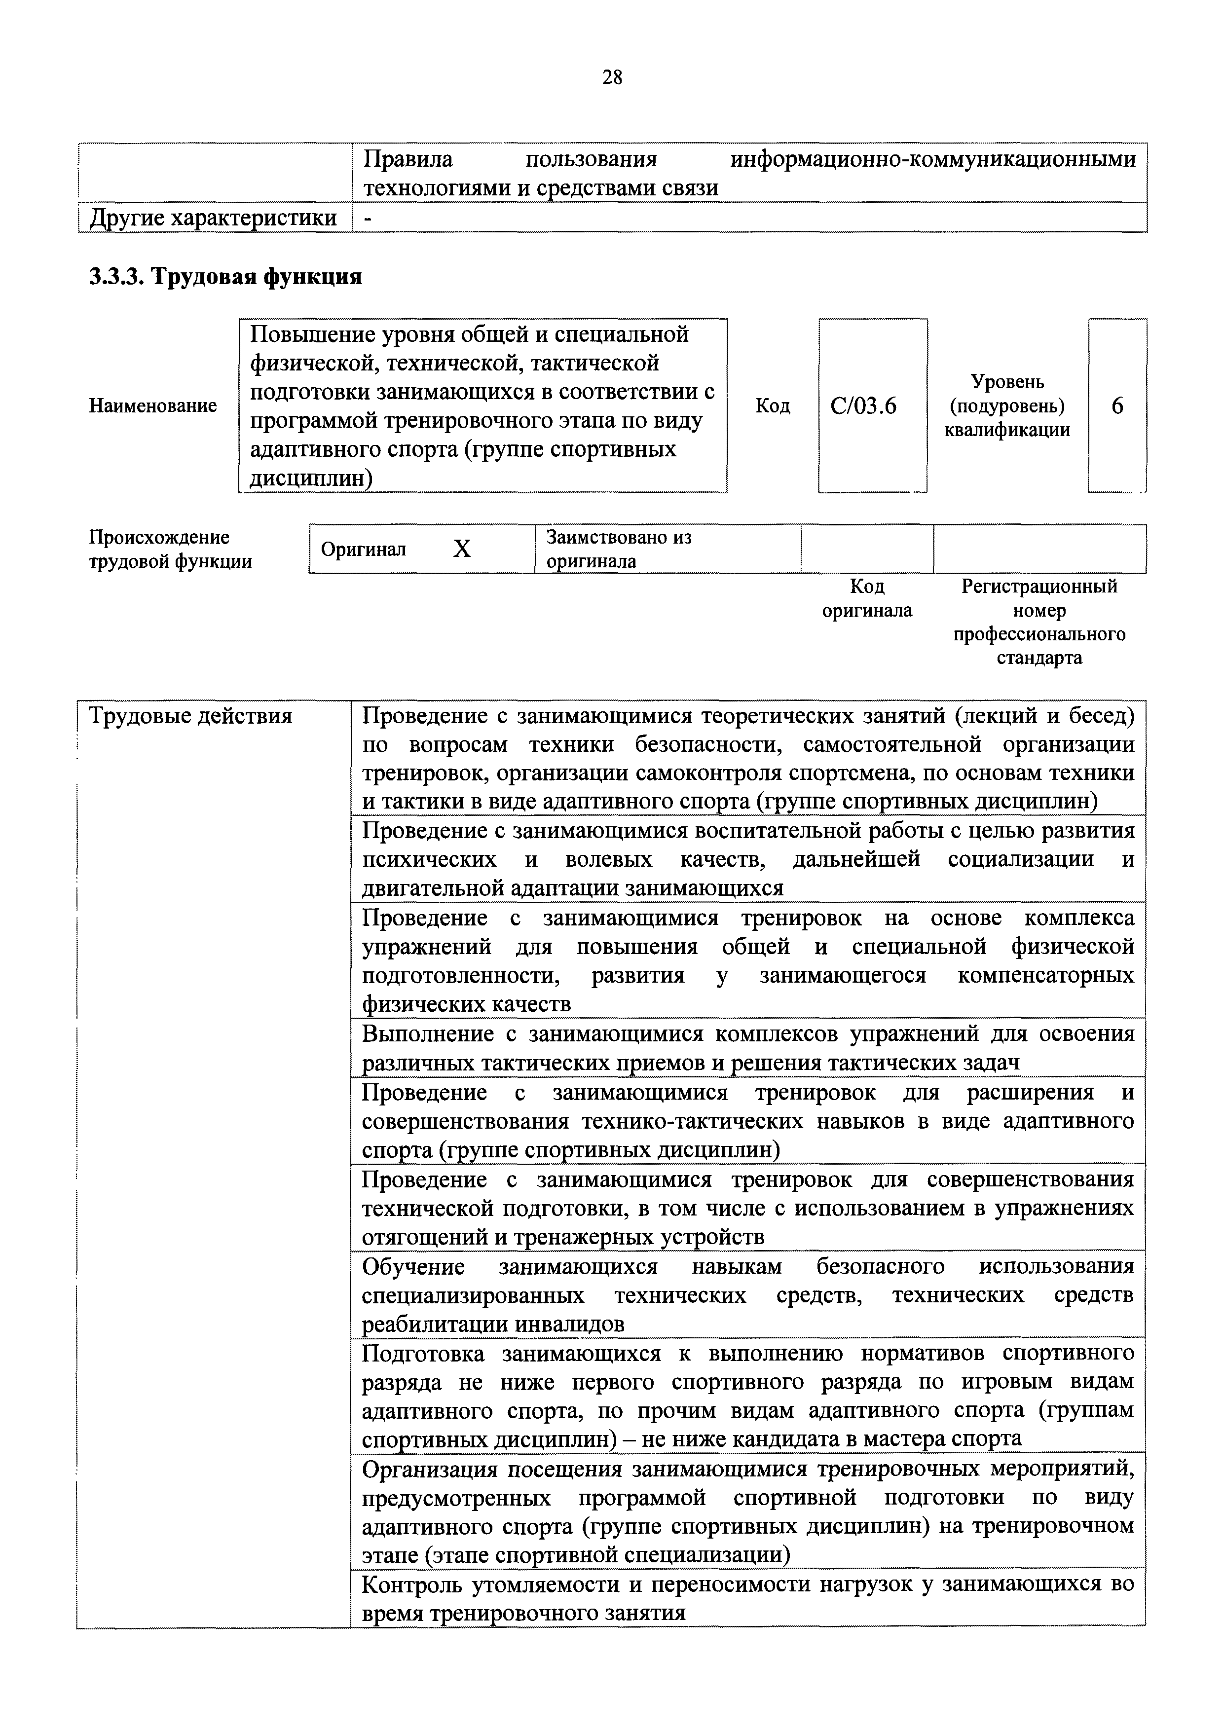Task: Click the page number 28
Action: point(612,77)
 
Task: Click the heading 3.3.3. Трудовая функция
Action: point(225,277)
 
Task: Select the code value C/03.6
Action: point(864,406)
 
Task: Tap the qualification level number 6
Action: point(1117,406)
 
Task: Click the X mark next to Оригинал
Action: point(461,550)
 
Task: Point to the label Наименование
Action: point(153,406)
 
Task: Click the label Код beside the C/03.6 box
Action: point(773,406)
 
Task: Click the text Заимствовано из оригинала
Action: point(618,550)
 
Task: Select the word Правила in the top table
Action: point(408,160)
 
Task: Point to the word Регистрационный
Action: point(1039,586)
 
